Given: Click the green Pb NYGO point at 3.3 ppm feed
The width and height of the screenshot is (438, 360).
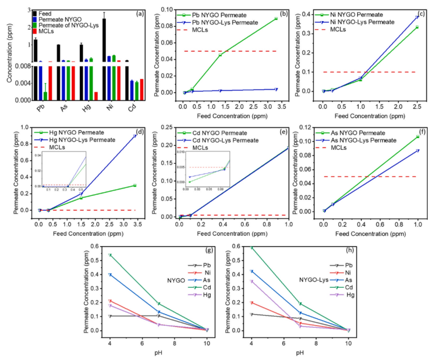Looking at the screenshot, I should click(x=276, y=19).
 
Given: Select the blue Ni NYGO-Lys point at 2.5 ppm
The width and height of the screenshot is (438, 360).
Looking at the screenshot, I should click(x=417, y=17).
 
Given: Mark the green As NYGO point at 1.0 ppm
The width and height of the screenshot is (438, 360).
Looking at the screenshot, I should click(x=417, y=137).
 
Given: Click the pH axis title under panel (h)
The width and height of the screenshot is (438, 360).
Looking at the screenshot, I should click(x=300, y=353).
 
